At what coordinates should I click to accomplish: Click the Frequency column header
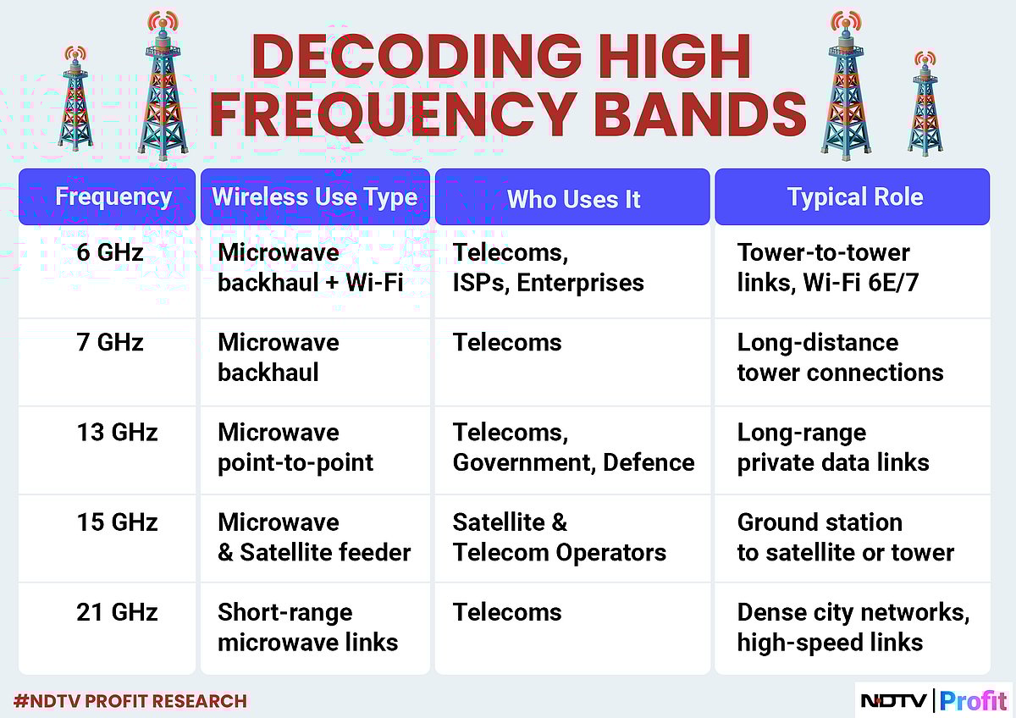coord(113,197)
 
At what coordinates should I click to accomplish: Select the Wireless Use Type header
coord(315,197)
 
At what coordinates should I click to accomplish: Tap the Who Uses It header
coord(573,199)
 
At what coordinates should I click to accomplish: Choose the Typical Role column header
coord(854,197)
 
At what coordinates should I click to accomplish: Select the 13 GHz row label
coord(117,433)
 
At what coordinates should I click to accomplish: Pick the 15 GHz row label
coord(117,522)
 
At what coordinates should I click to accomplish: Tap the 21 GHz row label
coord(117,612)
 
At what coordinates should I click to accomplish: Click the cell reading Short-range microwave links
coord(307,627)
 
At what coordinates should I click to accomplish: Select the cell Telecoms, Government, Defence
coord(573,448)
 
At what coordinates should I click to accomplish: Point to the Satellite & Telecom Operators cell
coord(559,538)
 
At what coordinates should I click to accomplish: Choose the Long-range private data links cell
coord(832,448)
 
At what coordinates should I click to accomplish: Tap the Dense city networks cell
coord(853,627)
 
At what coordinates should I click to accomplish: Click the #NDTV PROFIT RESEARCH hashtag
coord(130,701)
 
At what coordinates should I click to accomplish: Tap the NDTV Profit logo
coord(934,701)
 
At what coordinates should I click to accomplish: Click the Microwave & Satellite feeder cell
coord(314,538)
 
